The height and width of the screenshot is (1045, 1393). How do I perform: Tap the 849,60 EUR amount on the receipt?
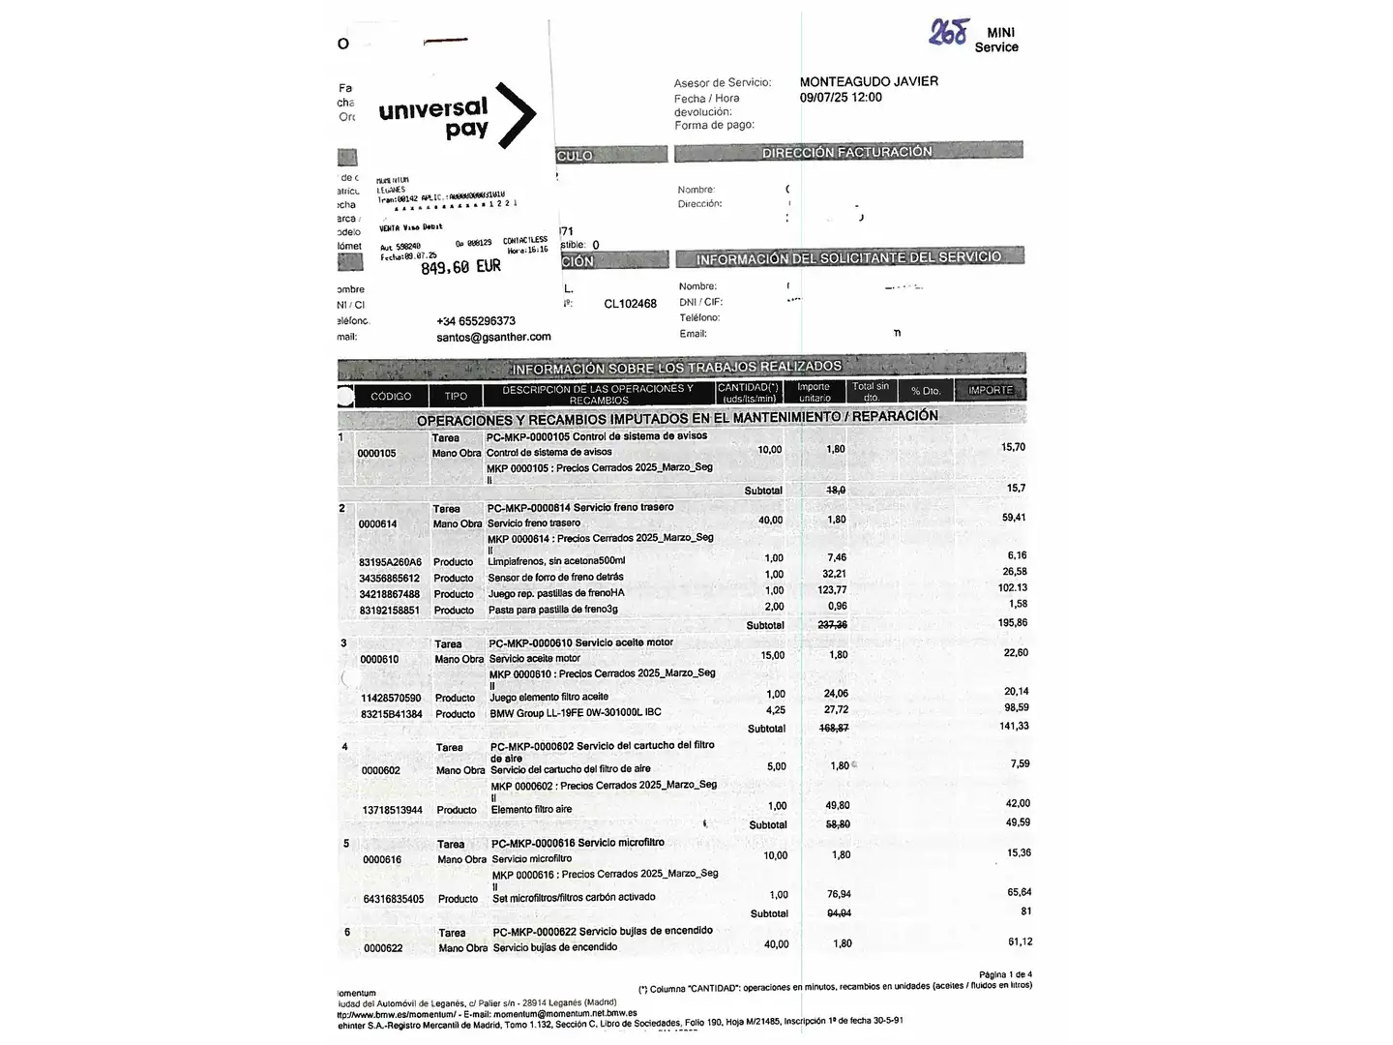[x=460, y=267]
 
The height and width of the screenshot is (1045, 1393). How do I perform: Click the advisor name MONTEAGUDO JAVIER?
[x=869, y=81]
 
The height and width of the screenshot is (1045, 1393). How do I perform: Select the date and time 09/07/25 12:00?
[x=841, y=97]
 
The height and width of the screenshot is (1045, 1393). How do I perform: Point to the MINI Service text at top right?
[x=997, y=40]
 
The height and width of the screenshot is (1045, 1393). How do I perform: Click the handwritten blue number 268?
[x=947, y=33]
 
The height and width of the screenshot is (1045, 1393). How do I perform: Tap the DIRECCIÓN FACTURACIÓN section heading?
[x=846, y=152]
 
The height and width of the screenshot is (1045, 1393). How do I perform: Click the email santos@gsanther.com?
[x=493, y=337]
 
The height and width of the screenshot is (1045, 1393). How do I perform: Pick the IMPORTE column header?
[x=991, y=391]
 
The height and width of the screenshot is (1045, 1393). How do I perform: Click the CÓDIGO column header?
[x=391, y=396]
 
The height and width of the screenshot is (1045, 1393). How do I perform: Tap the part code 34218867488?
[x=389, y=594]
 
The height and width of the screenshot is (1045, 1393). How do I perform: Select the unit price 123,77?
[x=832, y=590]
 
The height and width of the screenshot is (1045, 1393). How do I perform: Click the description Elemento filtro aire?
[x=531, y=809]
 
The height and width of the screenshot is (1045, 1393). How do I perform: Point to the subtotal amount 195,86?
[x=1013, y=623]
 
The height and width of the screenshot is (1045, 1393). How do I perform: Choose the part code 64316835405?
[x=393, y=899]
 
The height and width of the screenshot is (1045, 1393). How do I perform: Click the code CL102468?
[x=630, y=304]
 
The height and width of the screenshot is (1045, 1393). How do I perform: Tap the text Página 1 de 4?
[x=1005, y=974]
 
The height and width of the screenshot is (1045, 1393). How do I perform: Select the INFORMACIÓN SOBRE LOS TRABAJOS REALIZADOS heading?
[x=676, y=367]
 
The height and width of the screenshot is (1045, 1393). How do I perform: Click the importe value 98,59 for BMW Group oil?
[x=1016, y=708]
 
